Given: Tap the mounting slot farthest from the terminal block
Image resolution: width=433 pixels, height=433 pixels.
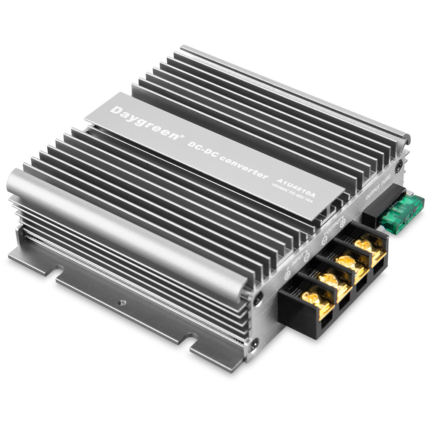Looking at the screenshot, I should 52,271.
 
